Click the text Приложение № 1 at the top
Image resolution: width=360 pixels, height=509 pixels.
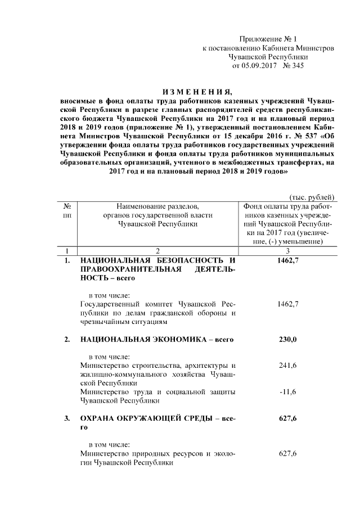point(268,39)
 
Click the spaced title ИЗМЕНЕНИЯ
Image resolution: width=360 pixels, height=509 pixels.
point(197,92)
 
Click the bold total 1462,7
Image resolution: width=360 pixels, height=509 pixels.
point(287,261)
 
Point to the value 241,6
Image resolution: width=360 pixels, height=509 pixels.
point(287,366)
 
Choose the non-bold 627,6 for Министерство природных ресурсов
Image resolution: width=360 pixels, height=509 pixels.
point(287,453)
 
